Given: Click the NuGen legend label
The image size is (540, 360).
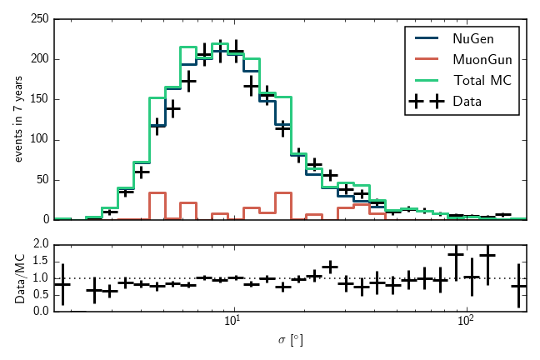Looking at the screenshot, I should tap(472, 39).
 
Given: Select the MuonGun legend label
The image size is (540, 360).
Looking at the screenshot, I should tap(482, 59).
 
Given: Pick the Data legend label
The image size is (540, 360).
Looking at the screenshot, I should tap(467, 101).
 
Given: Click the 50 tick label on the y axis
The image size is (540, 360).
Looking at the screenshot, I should tap(41, 179).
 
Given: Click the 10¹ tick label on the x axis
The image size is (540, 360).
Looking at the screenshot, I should tap(234, 322).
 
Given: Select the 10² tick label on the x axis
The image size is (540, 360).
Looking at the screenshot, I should tap(466, 322).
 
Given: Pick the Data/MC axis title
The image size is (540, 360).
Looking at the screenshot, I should tap(18, 278).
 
